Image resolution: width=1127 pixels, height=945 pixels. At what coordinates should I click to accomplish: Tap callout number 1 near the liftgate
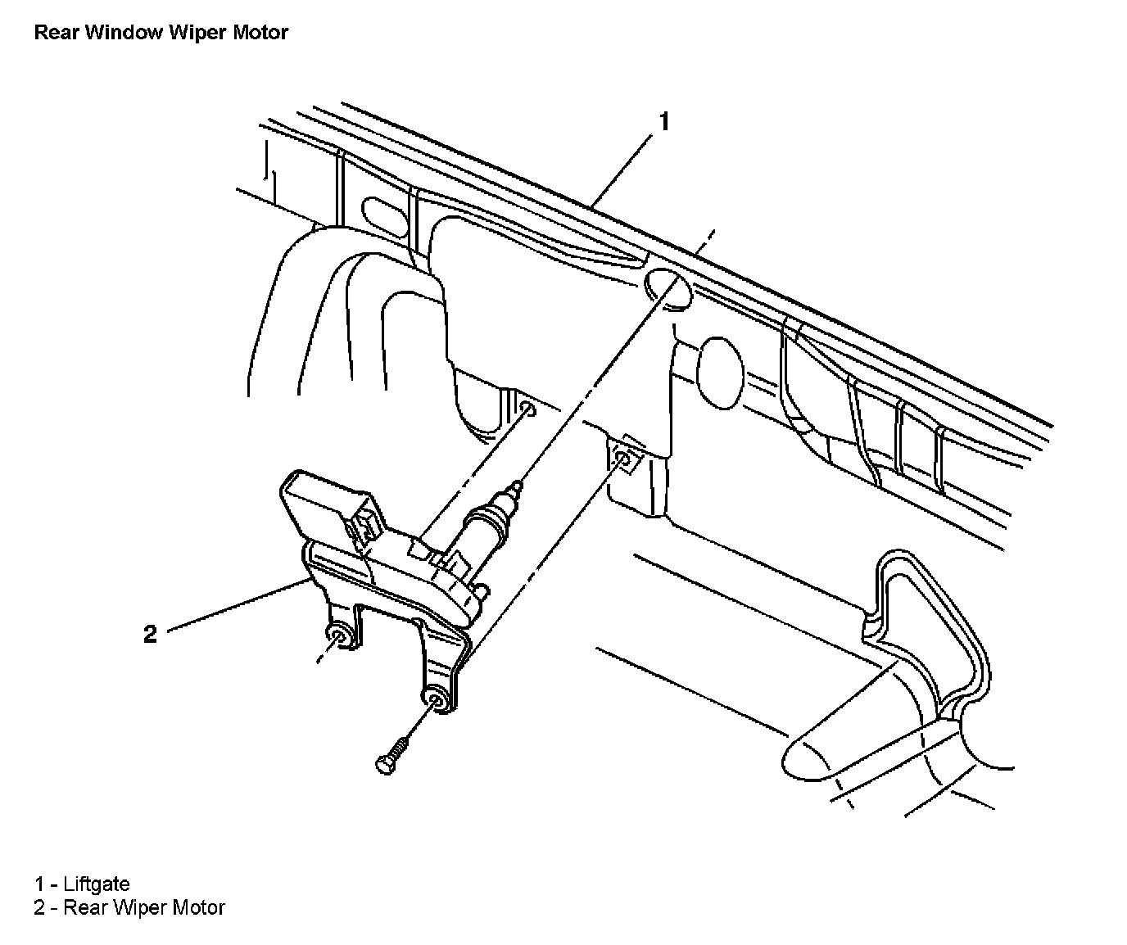[664, 122]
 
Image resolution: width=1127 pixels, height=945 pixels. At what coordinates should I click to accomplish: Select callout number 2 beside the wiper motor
[150, 634]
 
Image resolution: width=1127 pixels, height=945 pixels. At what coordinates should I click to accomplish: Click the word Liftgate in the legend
[97, 884]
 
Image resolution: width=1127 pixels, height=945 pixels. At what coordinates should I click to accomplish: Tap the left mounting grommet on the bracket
[337, 636]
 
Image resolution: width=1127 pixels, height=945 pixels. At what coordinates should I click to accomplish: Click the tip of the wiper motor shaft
[515, 486]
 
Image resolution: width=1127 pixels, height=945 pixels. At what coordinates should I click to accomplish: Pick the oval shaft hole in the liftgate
[668, 287]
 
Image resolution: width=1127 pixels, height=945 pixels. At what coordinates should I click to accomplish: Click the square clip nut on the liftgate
[624, 461]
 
